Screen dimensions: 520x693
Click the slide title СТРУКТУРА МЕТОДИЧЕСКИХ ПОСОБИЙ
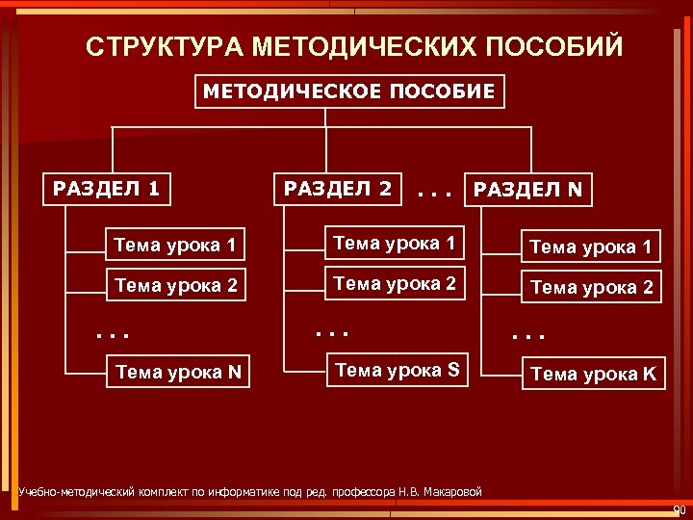click(354, 46)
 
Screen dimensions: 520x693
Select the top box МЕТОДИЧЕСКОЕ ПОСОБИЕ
click(349, 91)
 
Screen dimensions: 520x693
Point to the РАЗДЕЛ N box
click(528, 190)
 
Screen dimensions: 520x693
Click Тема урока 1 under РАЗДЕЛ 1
click(176, 247)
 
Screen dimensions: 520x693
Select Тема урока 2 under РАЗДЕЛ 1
click(176, 285)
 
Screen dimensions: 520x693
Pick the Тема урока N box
click(178, 370)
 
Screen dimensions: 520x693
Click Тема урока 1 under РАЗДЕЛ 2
click(394, 244)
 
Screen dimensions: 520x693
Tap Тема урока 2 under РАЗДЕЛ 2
click(394, 283)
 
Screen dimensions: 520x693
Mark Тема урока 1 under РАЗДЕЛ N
click(591, 248)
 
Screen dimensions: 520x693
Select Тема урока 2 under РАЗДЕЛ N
click(591, 287)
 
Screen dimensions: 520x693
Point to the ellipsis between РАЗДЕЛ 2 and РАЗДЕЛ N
click(436, 193)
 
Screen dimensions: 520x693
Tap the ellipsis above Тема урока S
click(329, 332)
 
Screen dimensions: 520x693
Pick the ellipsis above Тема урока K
click(527, 338)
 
